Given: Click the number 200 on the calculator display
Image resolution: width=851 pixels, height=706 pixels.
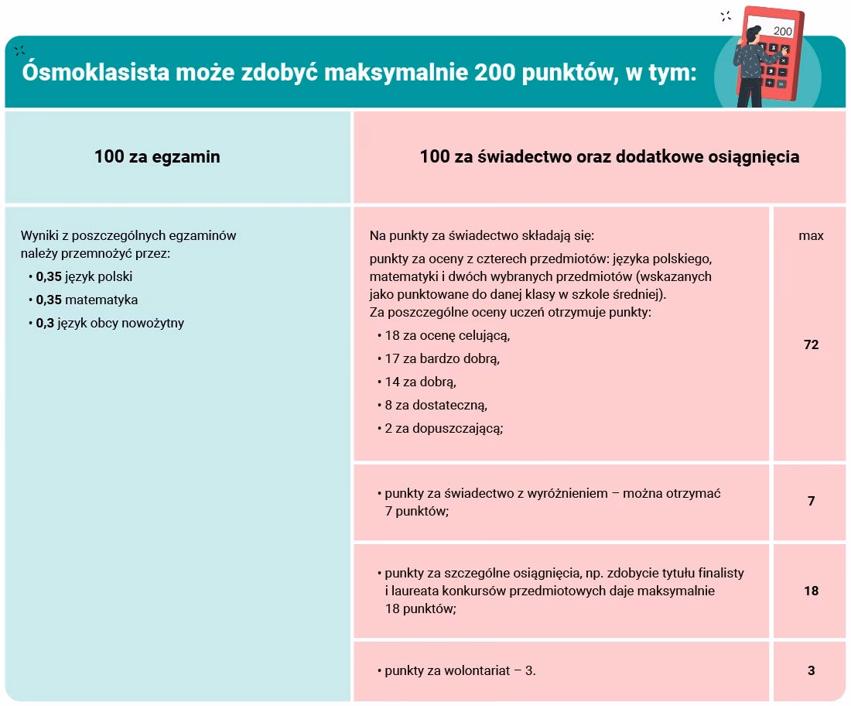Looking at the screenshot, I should tap(782, 32).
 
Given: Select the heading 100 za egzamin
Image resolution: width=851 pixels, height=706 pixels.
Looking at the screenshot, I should tap(157, 156).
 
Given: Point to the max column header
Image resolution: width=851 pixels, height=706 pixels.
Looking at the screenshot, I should tap(811, 235).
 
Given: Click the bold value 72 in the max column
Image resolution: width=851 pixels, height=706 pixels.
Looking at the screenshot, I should tap(811, 344).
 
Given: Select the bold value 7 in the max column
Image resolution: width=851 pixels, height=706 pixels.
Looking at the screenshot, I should tap(811, 501).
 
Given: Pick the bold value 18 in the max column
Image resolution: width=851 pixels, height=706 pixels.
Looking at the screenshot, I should tap(811, 591).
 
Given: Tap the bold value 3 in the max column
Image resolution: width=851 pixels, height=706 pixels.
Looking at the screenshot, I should tap(811, 671).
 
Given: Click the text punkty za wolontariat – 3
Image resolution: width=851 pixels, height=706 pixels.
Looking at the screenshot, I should tap(460, 671).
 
